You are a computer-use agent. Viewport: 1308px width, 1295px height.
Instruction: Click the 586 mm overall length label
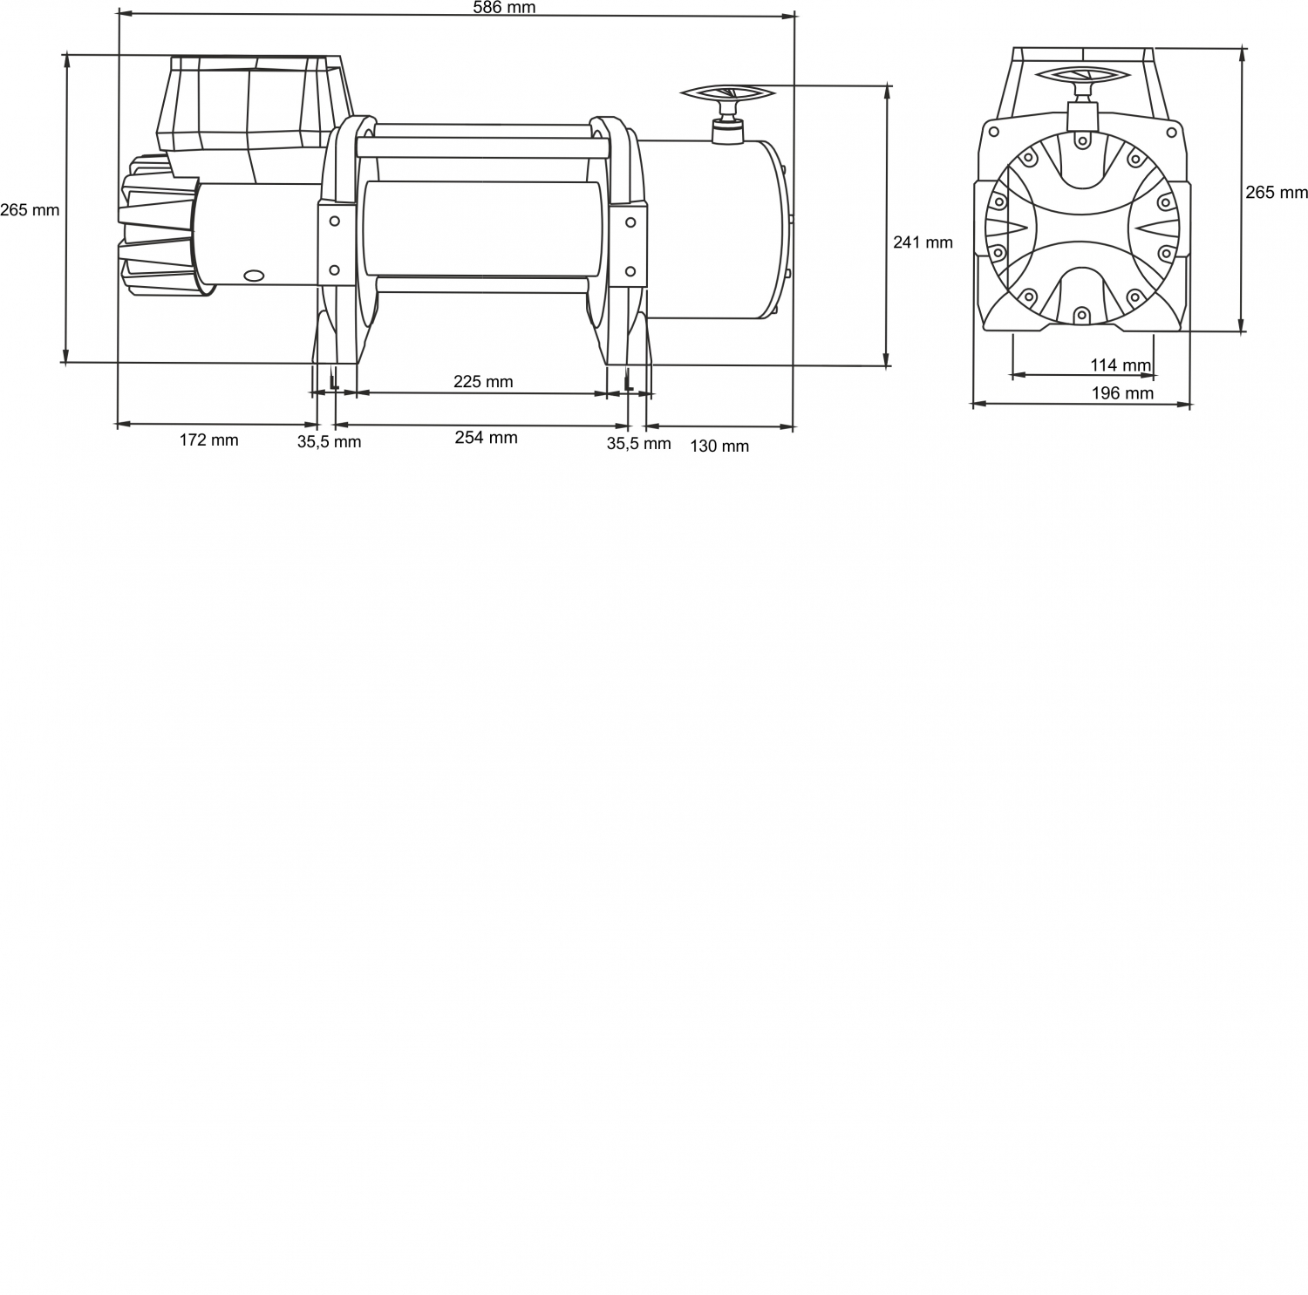pos(504,8)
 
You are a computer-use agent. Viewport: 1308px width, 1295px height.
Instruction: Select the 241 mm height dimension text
pos(923,242)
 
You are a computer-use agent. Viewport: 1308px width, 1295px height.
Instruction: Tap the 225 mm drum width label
pos(483,382)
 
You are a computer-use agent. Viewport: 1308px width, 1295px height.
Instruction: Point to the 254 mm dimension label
pos(486,438)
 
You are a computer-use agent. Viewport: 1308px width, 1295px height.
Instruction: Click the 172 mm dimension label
pos(208,440)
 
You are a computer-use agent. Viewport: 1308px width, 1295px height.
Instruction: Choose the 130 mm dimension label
pos(719,446)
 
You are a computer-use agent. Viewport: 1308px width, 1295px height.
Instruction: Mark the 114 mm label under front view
pos(1121,365)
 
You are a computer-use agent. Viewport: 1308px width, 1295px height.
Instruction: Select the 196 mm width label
pos(1122,393)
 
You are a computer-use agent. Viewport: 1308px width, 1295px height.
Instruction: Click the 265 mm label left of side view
pos(30,210)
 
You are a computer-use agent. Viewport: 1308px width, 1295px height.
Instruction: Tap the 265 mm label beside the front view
pos(1277,193)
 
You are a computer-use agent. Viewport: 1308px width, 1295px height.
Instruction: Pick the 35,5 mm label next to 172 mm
pos(329,442)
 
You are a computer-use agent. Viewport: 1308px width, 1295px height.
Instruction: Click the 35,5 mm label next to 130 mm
pos(638,444)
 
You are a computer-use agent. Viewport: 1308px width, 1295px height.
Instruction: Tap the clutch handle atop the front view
pos(1081,77)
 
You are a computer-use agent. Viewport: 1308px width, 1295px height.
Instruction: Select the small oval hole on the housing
pos(255,276)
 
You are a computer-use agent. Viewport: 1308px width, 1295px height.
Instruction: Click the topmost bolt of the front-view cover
pos(1081,140)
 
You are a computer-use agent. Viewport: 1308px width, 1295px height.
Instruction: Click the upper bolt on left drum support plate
pos(333,222)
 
